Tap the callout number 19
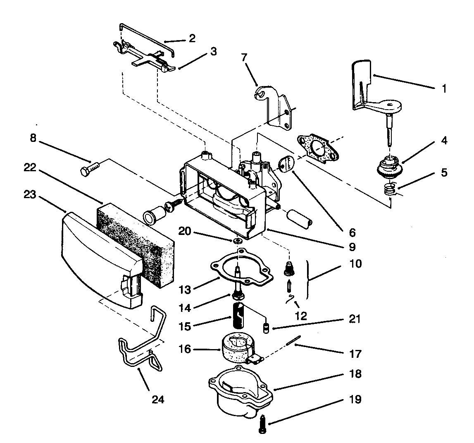355,399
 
